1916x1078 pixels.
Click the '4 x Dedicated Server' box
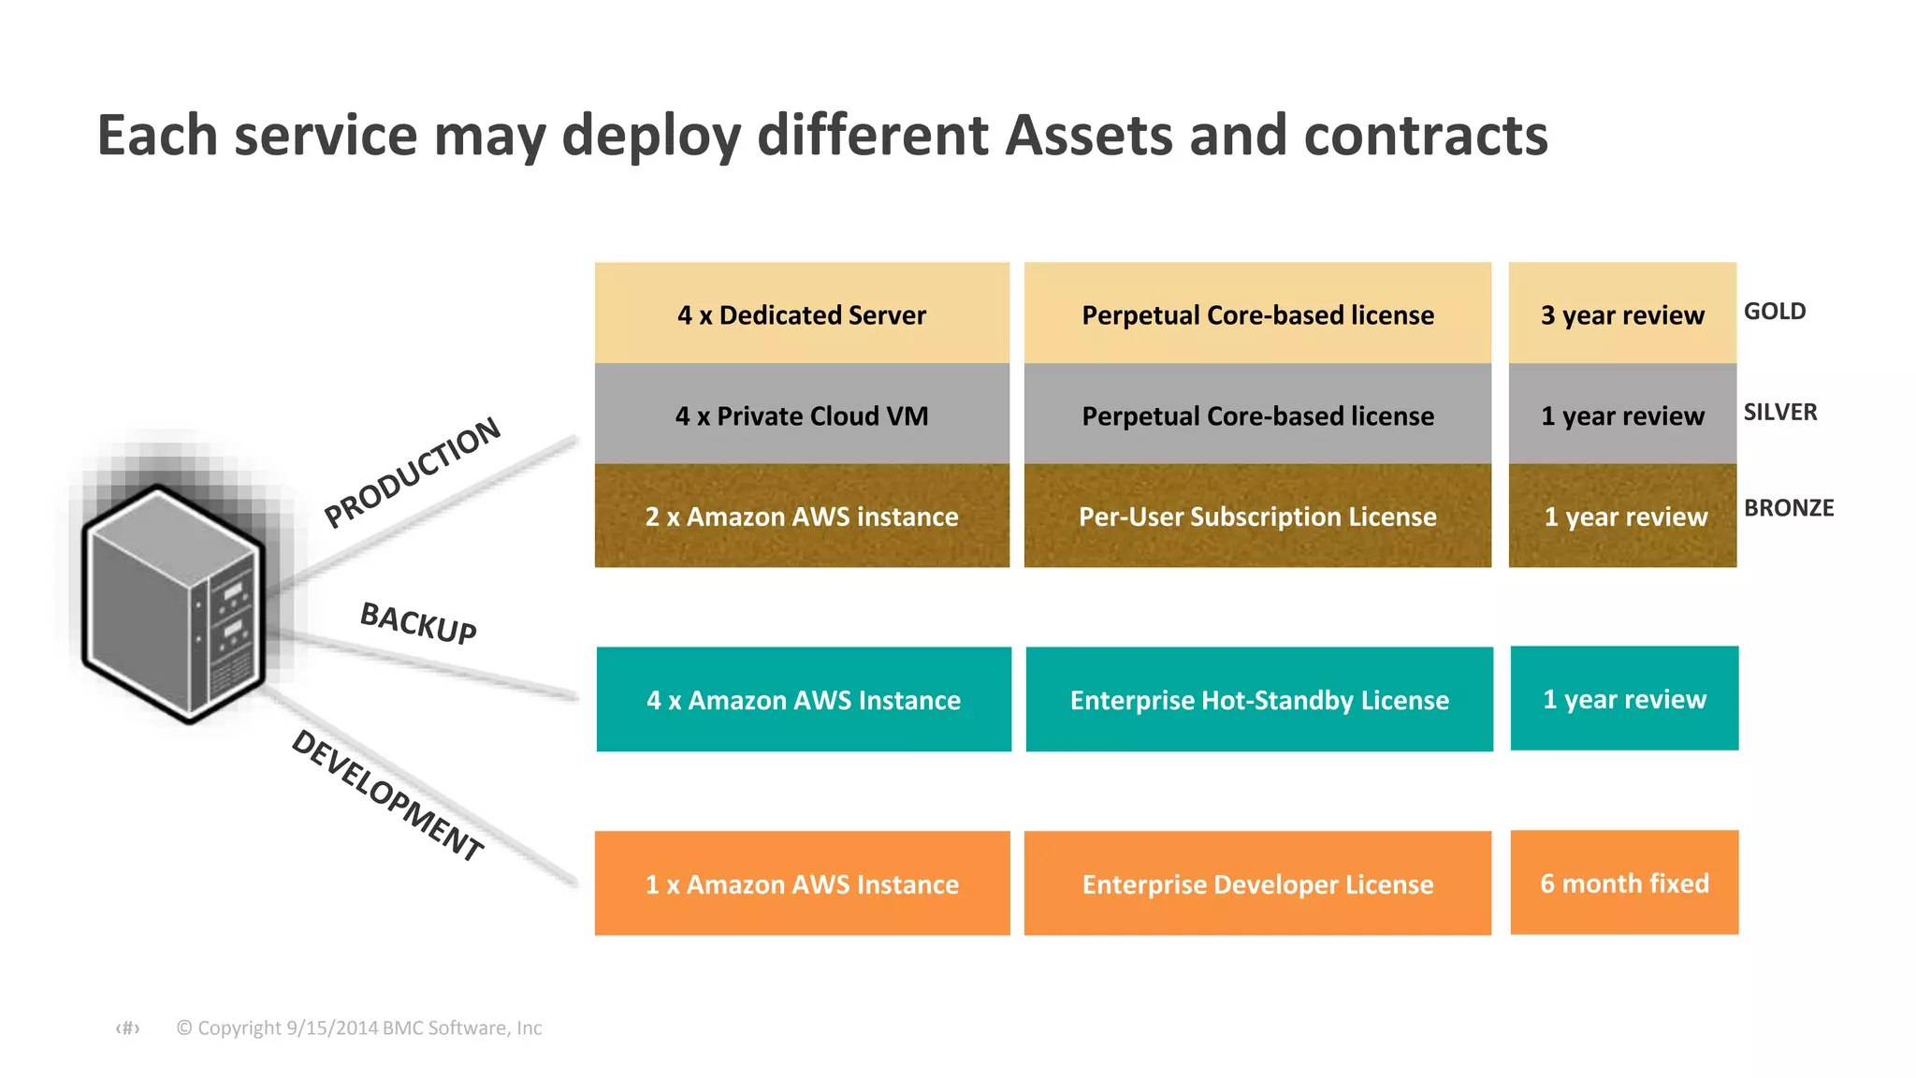point(802,314)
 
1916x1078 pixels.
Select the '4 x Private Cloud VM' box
point(802,415)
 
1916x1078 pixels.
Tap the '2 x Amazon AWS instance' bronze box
point(802,517)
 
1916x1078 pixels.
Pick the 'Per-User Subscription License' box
point(1257,517)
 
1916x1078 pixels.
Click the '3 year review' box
point(1622,314)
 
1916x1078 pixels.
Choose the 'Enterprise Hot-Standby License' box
point(1259,700)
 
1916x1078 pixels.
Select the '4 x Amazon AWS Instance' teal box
point(804,700)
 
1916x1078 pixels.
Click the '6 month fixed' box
point(1624,883)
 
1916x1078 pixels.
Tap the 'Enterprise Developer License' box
point(1257,884)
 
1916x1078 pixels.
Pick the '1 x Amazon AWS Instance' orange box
point(802,884)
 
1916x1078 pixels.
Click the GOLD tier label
point(1775,312)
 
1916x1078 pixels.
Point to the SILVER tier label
point(1780,413)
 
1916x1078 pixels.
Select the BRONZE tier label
point(1789,508)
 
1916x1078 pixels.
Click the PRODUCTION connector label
point(413,473)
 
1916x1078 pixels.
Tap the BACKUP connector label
point(418,623)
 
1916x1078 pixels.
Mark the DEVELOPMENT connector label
point(387,794)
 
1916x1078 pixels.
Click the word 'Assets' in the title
point(1088,136)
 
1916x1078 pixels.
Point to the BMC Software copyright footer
point(359,1028)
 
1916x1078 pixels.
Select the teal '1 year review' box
point(1624,699)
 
